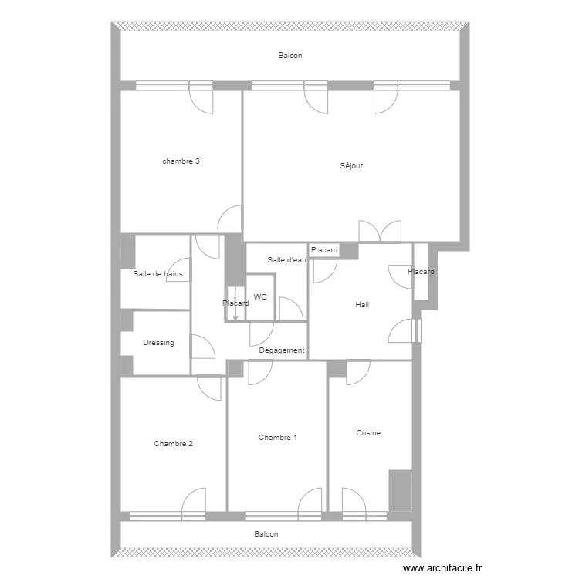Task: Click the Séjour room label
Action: click(x=351, y=166)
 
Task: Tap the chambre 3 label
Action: click(x=181, y=161)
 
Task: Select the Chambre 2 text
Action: click(x=173, y=444)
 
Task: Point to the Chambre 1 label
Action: click(x=277, y=438)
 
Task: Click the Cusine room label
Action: click(x=368, y=433)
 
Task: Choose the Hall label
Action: click(x=362, y=305)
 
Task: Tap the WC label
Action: click(x=260, y=296)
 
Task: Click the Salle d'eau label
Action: click(x=287, y=260)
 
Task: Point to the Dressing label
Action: click(x=158, y=343)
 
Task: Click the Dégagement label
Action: click(x=282, y=350)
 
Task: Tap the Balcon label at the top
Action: click(x=290, y=56)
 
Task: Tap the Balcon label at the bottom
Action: click(x=266, y=533)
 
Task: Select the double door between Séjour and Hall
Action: click(x=380, y=231)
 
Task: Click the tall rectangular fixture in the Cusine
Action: click(x=401, y=490)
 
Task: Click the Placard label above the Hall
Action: click(x=324, y=251)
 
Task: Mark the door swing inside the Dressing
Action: click(x=202, y=347)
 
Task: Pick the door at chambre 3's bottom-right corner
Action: click(x=230, y=218)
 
